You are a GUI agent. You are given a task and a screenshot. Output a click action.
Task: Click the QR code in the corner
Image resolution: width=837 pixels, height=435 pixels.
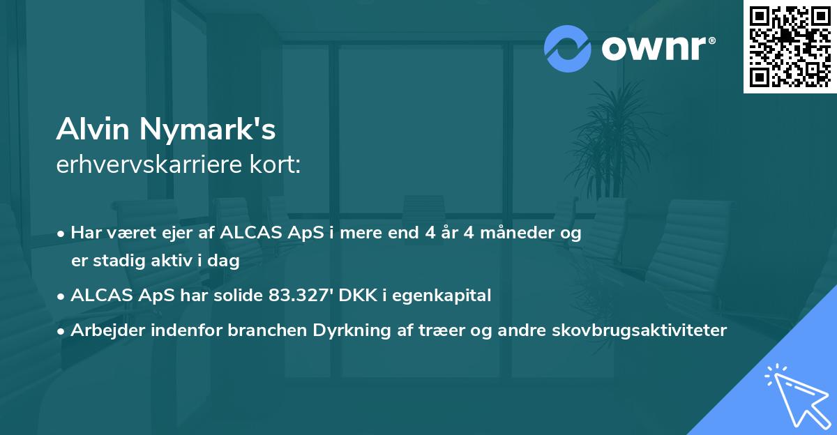click(x=790, y=46)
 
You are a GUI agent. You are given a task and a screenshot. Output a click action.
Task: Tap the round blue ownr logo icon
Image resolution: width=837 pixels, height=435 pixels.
click(x=568, y=49)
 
